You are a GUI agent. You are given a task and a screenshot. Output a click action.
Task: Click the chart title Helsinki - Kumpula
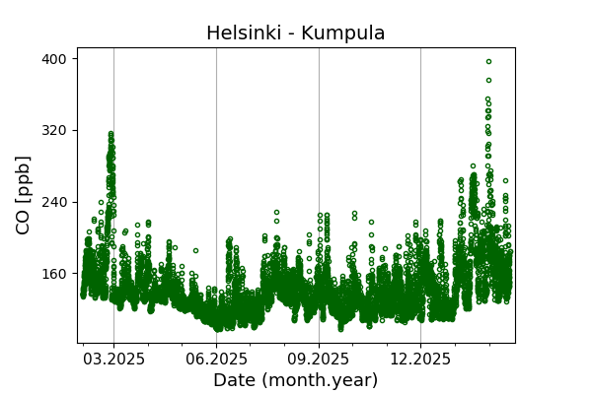click(x=295, y=33)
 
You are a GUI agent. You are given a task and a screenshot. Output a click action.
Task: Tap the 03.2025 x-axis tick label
click(x=113, y=359)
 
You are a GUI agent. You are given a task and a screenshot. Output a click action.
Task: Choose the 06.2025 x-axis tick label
click(x=216, y=359)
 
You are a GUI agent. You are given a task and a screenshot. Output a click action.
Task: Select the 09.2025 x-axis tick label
click(x=319, y=359)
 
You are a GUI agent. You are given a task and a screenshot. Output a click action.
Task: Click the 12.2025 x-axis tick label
click(x=420, y=359)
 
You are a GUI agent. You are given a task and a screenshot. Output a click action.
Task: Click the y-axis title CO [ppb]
click(x=24, y=194)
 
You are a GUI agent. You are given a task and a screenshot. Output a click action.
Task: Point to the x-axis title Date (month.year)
click(x=295, y=380)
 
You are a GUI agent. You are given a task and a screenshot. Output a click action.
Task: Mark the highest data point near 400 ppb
click(x=488, y=61)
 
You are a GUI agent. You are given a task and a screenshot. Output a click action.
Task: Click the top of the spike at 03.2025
click(x=111, y=134)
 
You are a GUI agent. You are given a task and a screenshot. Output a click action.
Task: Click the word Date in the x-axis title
click(x=234, y=380)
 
